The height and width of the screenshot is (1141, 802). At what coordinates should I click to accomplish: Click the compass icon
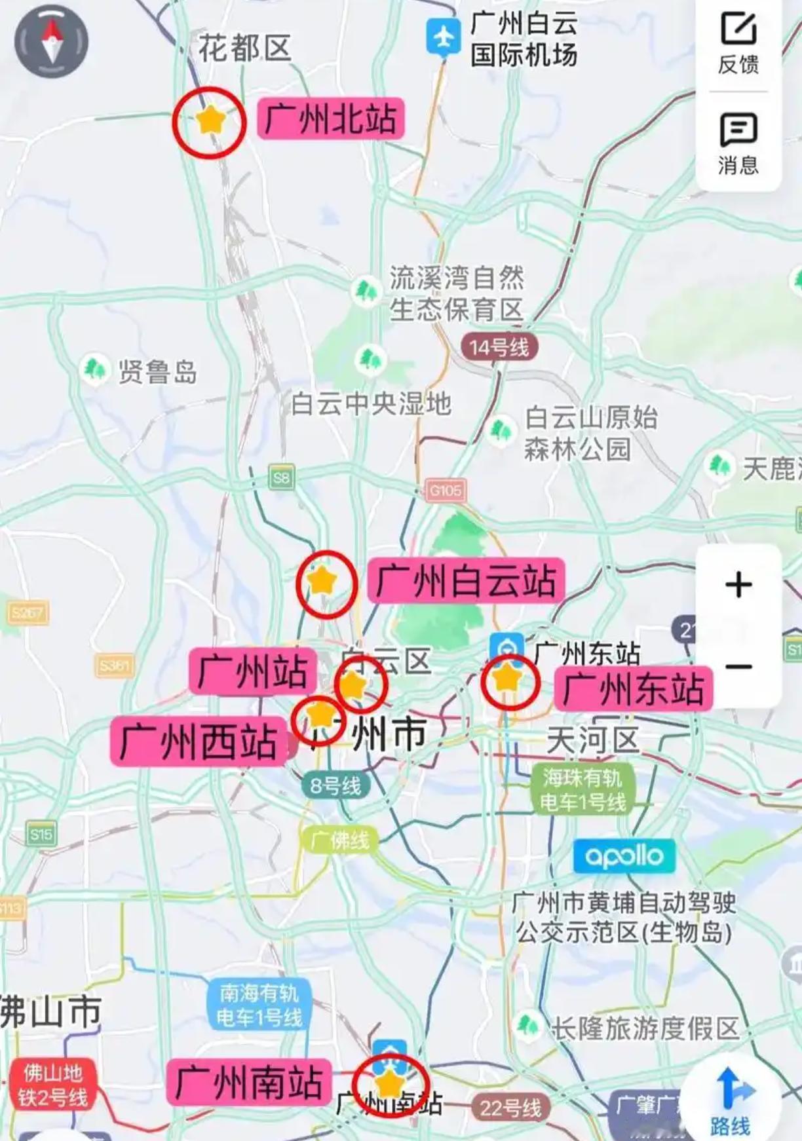pyautogui.click(x=51, y=41)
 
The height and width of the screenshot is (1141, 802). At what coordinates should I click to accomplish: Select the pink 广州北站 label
pyautogui.click(x=330, y=119)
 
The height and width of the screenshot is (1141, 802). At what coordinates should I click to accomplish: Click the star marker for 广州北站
pyautogui.click(x=210, y=121)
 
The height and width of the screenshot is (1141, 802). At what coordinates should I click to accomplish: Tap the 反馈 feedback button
pyautogui.click(x=738, y=43)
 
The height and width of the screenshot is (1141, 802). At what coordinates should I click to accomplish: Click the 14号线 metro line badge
pyautogui.click(x=499, y=347)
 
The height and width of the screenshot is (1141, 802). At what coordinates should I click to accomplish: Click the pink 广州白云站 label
pyautogui.click(x=466, y=580)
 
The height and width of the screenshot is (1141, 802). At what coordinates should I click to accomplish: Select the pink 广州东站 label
pyautogui.click(x=634, y=688)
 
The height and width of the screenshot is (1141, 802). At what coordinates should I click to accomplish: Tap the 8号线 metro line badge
pyautogui.click(x=335, y=785)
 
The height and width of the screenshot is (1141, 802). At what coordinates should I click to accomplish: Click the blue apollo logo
pyautogui.click(x=624, y=856)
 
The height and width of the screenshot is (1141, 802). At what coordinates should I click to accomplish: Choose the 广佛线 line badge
pyautogui.click(x=339, y=840)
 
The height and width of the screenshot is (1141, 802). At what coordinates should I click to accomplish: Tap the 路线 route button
pyautogui.click(x=729, y=1102)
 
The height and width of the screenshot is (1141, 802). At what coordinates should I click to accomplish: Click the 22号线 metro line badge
pyautogui.click(x=510, y=1108)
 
